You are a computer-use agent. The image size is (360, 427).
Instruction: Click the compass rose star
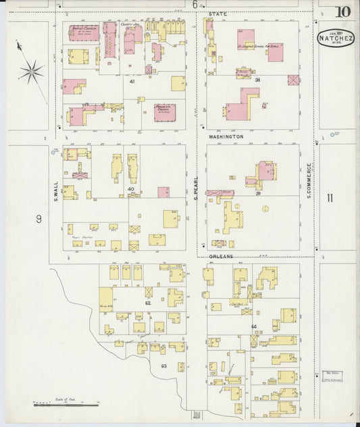click(x=31, y=71)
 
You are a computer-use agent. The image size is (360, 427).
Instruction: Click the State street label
click(x=217, y=14)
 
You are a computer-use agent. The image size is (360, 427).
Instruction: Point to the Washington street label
click(x=226, y=136)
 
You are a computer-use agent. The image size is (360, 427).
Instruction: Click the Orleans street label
click(x=221, y=257)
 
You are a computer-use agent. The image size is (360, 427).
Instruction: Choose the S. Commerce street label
click(x=309, y=180)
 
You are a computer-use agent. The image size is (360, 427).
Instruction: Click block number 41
click(x=132, y=81)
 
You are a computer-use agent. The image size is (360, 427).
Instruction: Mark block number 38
click(x=257, y=80)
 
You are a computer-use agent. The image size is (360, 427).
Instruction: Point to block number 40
click(x=131, y=189)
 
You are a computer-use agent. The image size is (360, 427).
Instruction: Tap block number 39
click(x=257, y=193)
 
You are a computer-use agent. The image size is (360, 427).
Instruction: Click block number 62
click(x=147, y=303)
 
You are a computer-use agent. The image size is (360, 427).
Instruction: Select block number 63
click(x=163, y=366)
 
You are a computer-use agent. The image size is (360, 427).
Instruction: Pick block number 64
click(x=254, y=326)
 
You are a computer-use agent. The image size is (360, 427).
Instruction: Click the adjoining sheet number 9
click(x=39, y=218)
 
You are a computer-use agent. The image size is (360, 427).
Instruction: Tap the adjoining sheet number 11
click(x=330, y=198)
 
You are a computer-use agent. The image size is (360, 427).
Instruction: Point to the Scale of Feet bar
click(x=66, y=405)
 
